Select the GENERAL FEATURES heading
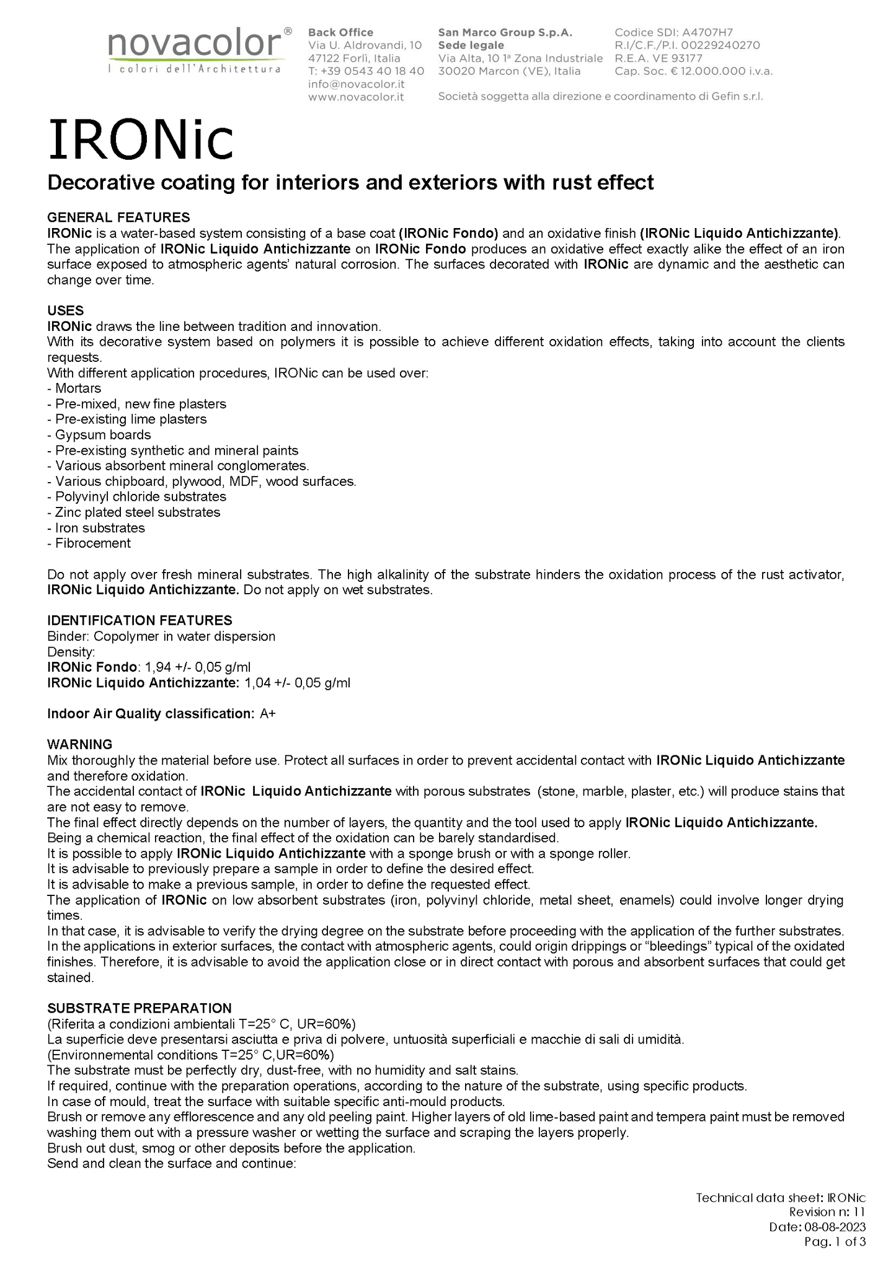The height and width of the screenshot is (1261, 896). pyautogui.click(x=118, y=217)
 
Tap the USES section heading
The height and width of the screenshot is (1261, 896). pyautogui.click(x=66, y=310)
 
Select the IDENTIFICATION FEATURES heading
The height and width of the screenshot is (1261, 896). pyautogui.click(x=140, y=620)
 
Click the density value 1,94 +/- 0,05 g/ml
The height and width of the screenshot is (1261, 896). pyautogui.click(x=198, y=667)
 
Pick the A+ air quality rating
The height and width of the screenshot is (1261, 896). pyautogui.click(x=268, y=714)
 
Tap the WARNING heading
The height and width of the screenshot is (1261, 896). pyautogui.click(x=80, y=744)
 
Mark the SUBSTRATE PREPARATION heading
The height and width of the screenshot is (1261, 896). pyautogui.click(x=140, y=1008)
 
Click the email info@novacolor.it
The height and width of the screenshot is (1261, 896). pyautogui.click(x=357, y=84)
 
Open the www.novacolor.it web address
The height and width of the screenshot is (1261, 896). pyautogui.click(x=356, y=97)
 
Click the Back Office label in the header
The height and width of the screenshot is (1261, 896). pyautogui.click(x=340, y=32)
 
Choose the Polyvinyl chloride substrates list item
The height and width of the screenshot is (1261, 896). pyautogui.click(x=140, y=497)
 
